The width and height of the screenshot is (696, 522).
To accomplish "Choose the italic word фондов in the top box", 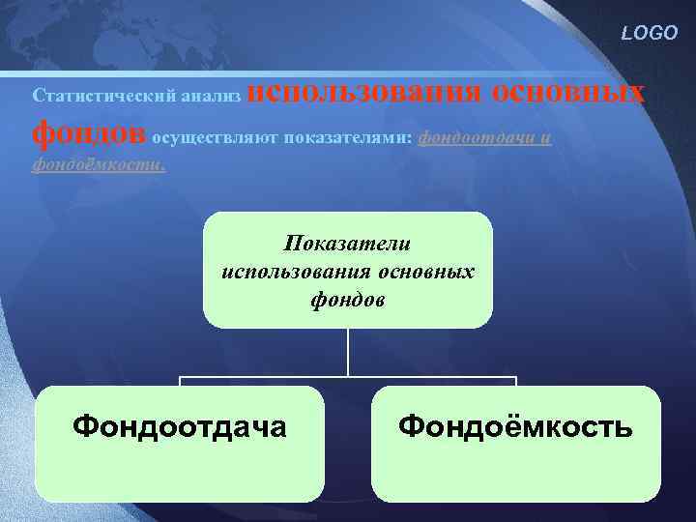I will click(x=348, y=300).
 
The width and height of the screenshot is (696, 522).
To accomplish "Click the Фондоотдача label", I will click(x=180, y=425).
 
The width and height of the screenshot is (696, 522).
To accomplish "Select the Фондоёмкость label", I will click(x=516, y=425).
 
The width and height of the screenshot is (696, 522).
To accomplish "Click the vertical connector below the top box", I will click(x=348, y=353).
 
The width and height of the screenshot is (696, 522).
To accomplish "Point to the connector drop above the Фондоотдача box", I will click(x=180, y=381).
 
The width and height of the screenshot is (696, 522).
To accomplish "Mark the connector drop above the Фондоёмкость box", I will click(x=516, y=381).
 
